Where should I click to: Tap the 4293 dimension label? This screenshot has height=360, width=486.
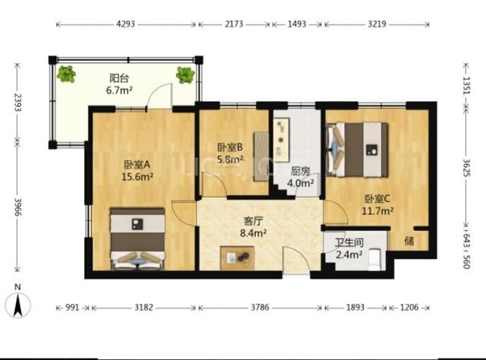[125, 24]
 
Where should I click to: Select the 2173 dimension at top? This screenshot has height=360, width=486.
[234, 24]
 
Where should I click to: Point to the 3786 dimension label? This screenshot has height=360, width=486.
[260, 308]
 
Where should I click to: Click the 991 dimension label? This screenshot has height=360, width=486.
[72, 308]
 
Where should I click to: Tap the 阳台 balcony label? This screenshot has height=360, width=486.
[119, 78]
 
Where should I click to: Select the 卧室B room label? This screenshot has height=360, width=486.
[229, 147]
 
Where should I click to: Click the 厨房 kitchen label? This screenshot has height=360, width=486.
[301, 171]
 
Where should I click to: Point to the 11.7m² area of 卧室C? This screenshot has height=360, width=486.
[378, 211]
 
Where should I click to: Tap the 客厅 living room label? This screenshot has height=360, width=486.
[253, 221]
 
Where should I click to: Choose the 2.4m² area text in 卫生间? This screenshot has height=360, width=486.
[349, 255]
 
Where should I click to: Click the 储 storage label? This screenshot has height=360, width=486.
[409, 241]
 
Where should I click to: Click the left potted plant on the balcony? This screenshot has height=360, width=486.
[66, 74]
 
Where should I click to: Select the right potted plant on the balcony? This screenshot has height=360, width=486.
[185, 74]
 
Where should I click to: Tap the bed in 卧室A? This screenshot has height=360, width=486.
[137, 238]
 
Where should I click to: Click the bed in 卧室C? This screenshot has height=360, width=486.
[358, 150]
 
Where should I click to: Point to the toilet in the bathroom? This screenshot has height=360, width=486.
[375, 259]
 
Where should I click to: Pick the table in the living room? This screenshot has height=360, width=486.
[238, 257]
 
